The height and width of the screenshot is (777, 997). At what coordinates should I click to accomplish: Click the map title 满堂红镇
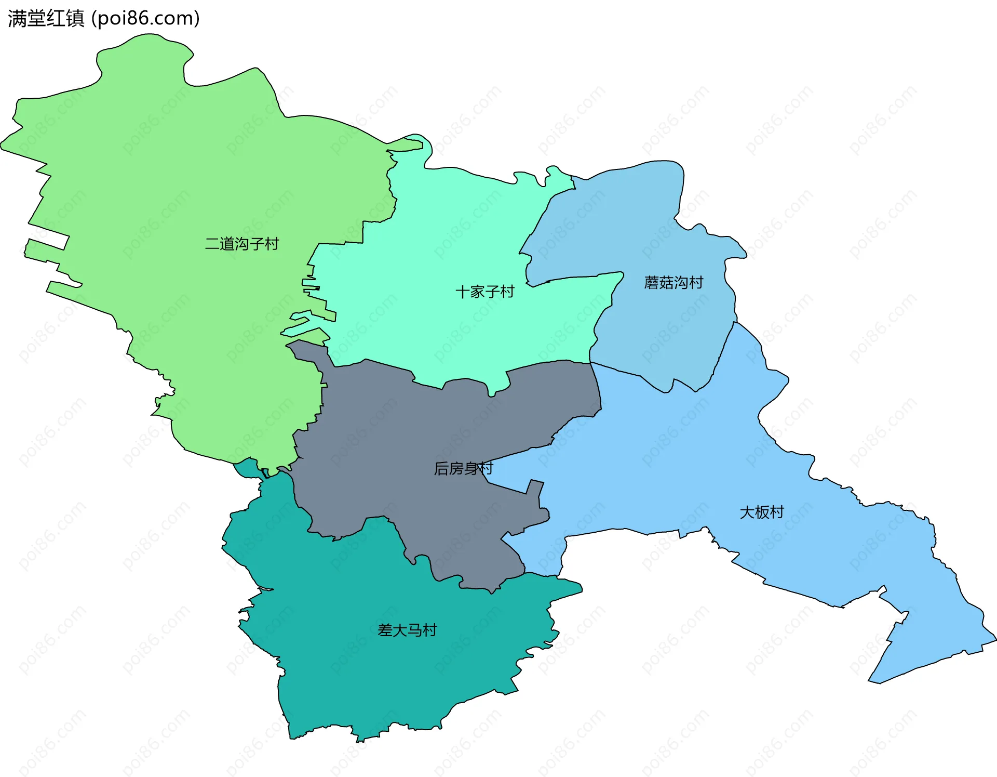(x=46, y=19)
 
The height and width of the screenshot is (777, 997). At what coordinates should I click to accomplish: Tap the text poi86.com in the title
(x=145, y=19)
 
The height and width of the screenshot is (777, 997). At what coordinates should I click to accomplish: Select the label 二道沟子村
(x=241, y=244)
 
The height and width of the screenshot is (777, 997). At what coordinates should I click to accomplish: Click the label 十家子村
(x=484, y=292)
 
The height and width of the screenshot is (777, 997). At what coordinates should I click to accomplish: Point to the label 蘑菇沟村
(x=673, y=283)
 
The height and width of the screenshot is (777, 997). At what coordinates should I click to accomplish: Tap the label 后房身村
(x=463, y=468)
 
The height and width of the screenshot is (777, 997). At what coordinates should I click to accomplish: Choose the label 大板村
(x=761, y=512)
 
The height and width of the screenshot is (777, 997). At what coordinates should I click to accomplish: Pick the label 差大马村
(x=407, y=630)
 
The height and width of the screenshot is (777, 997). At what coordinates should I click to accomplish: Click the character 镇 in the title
(x=75, y=19)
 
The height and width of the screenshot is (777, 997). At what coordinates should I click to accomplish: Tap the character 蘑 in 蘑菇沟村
(x=652, y=283)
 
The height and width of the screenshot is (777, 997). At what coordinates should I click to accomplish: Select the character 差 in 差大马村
(x=385, y=630)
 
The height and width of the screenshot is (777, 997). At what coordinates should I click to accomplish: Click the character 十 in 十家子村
(x=463, y=292)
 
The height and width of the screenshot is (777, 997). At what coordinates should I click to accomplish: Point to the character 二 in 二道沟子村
(x=212, y=244)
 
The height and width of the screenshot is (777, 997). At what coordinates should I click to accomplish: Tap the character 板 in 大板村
(x=761, y=512)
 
